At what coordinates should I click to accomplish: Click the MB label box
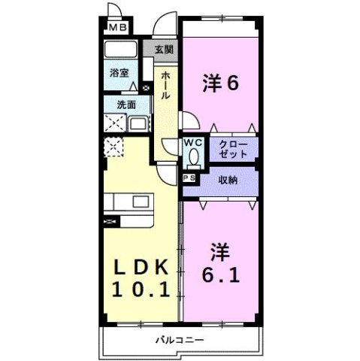point(117,29)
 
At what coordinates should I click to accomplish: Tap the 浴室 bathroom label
point(119,74)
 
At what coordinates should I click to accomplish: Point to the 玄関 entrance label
point(164,50)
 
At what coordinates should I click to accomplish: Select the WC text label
point(193,142)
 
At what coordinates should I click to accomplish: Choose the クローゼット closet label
point(232,148)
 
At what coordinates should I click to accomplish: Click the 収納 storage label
point(228,180)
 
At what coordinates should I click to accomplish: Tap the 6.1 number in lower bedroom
point(219,275)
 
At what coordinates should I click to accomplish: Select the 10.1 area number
point(145,288)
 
